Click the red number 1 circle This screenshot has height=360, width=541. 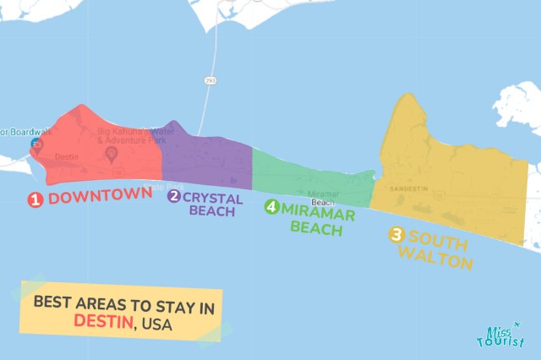coord(36,199)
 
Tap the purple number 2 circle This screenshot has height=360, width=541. coord(174,196)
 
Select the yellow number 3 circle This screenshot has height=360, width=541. coord(396,236)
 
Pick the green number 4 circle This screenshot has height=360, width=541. coord(271,206)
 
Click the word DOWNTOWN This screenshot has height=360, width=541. coord(100,197)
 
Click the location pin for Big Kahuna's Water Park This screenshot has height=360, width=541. coord(111,154)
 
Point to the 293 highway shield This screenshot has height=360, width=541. coord(209,80)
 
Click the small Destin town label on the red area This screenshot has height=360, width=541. coord(67,157)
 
